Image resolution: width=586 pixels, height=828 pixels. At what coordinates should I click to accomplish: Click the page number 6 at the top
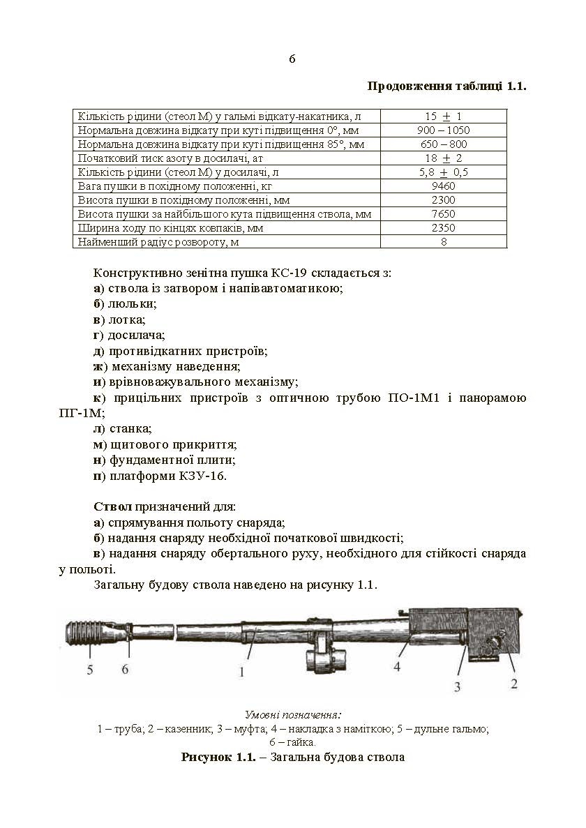tap(292, 59)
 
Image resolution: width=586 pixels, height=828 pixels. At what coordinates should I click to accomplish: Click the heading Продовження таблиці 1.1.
tap(446, 87)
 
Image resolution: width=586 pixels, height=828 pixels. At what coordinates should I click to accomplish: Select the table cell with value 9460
tap(443, 186)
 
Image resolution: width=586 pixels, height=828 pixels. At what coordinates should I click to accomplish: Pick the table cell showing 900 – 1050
tap(443, 130)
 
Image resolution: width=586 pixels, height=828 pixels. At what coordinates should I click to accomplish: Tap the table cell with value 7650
tap(443, 214)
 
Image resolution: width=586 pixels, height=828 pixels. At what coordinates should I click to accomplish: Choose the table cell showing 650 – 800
tap(443, 144)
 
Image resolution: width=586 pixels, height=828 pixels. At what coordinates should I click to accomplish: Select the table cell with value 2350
tap(443, 228)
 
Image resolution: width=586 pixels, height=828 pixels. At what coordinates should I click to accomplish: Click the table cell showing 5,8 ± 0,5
tap(443, 172)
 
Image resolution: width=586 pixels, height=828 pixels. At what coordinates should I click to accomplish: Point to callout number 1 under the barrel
tap(241, 672)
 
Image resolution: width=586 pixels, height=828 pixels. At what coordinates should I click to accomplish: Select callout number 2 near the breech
tap(513, 684)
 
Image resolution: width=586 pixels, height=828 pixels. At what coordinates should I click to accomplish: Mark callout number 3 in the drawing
tap(458, 686)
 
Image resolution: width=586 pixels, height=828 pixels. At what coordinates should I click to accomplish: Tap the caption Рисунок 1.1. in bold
tap(214, 757)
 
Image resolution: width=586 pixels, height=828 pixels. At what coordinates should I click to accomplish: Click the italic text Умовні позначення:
tap(293, 715)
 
